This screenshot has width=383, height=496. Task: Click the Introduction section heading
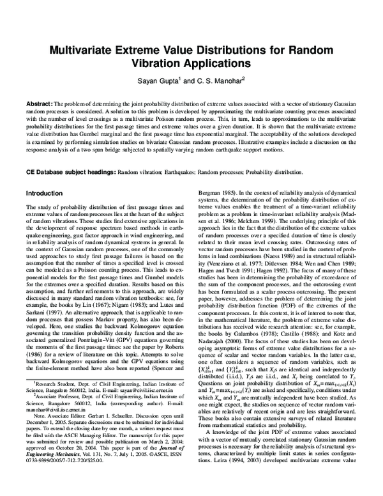pyautogui.click(x=44, y=192)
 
